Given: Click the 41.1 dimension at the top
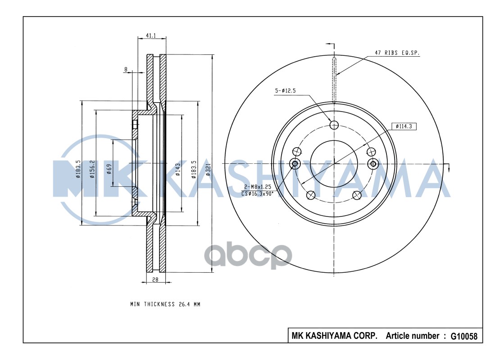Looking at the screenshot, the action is pyautogui.click(x=151, y=36).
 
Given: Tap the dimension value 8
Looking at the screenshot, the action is pyautogui.click(x=126, y=69).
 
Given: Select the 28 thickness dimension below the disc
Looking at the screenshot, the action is pyautogui.click(x=155, y=279).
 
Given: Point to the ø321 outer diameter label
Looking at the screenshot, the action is pyautogui.click(x=208, y=169).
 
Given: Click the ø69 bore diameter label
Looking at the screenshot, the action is pyautogui.click(x=109, y=169).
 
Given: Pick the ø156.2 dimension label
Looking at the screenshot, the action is pyautogui.click(x=92, y=169).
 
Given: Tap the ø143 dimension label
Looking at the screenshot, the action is pyautogui.click(x=178, y=169).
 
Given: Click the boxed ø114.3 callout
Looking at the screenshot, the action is pyautogui.click(x=404, y=126).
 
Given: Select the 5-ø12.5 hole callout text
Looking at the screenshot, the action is pyautogui.click(x=285, y=91).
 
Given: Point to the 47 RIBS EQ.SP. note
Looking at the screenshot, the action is pyautogui.click(x=397, y=53).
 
